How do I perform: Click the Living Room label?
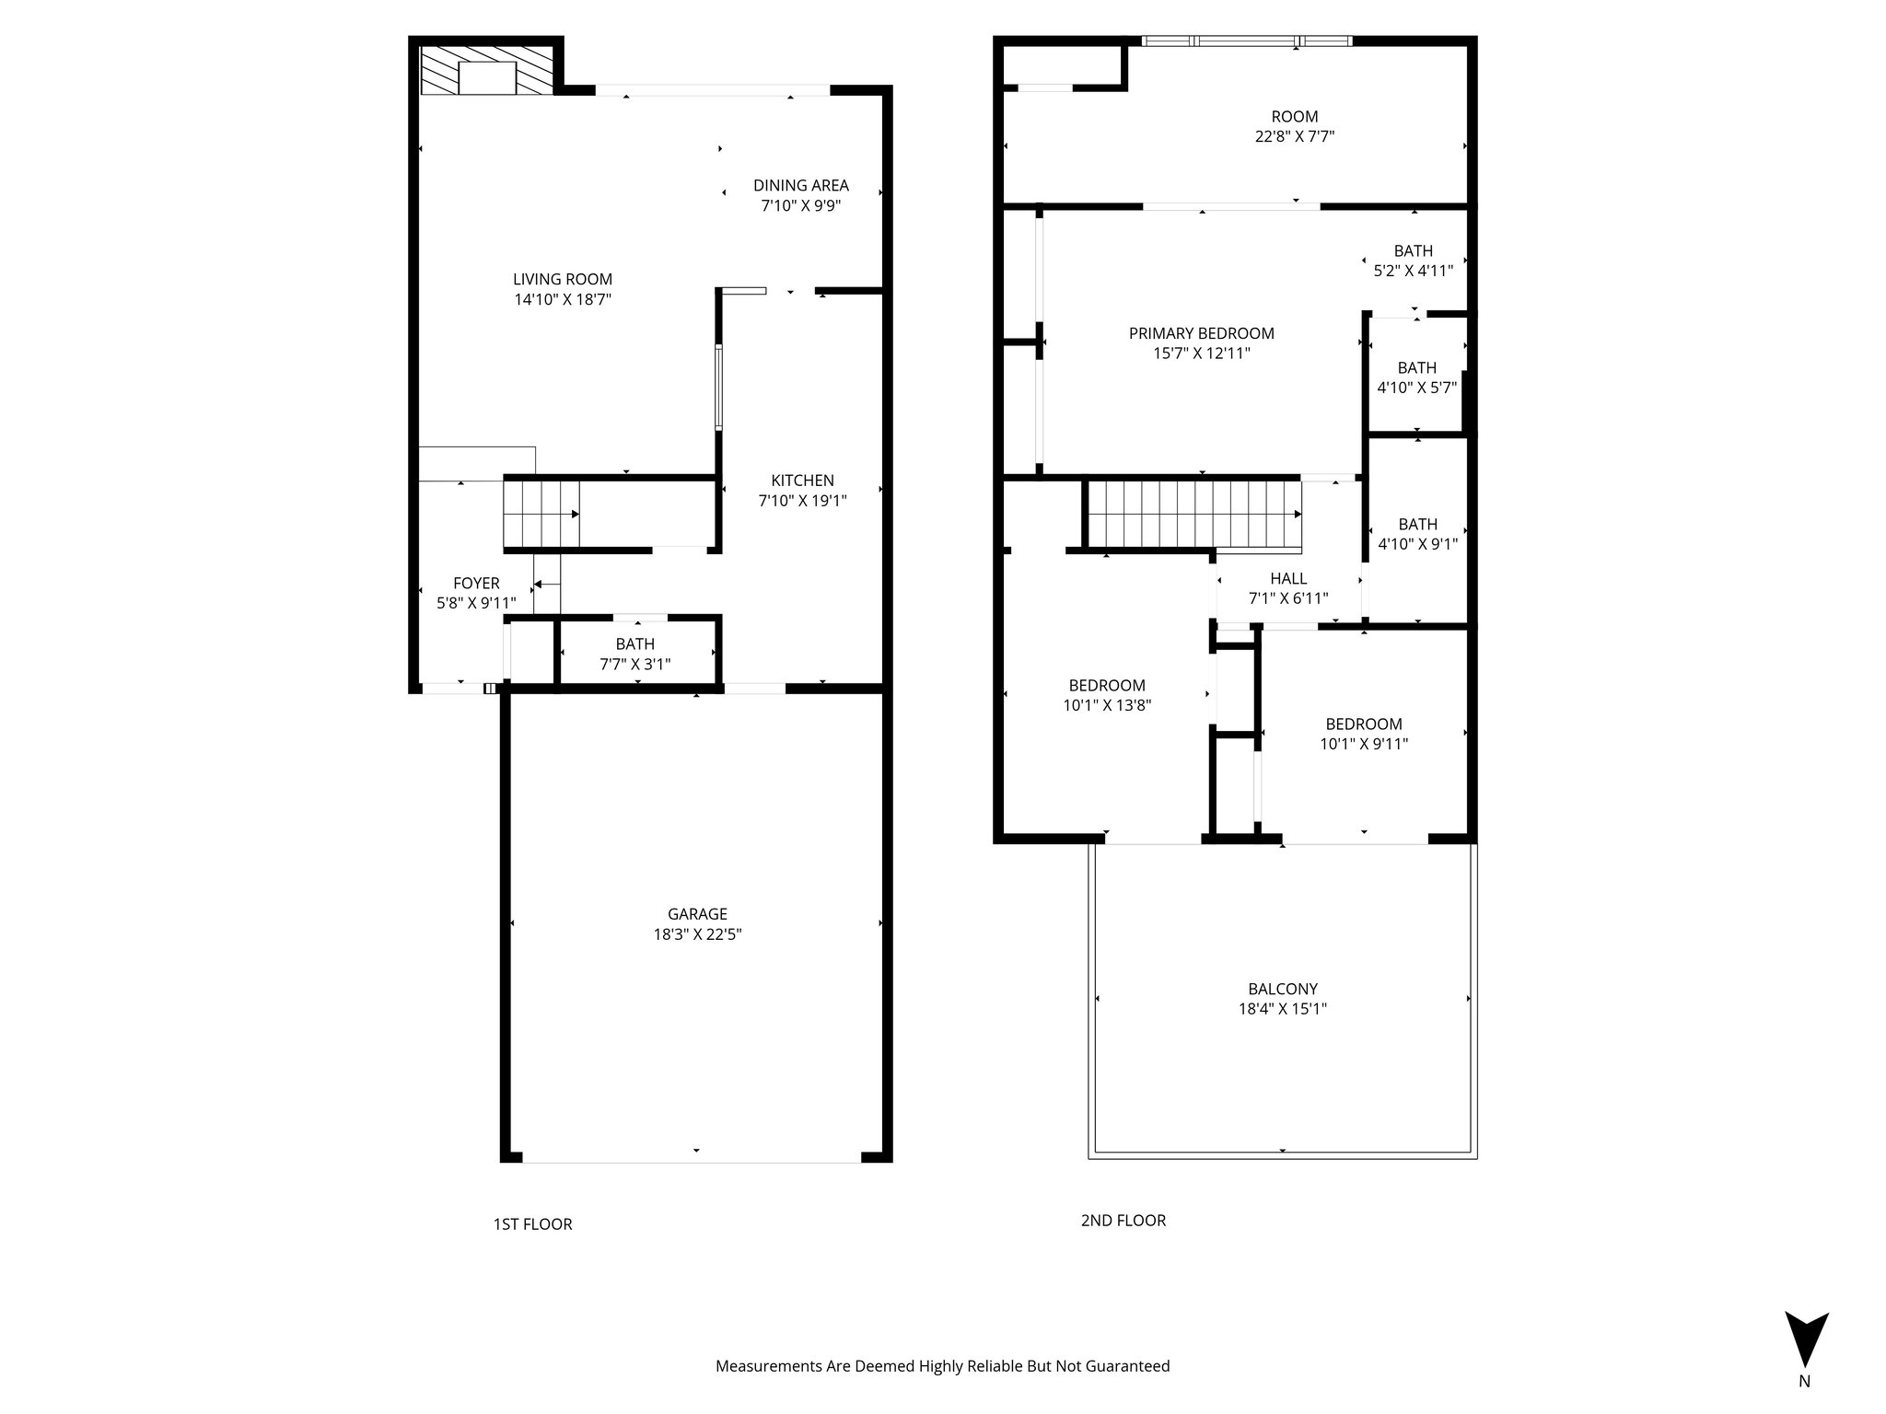[x=562, y=280]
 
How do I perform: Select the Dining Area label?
[x=800, y=186]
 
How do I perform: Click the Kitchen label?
[x=802, y=481]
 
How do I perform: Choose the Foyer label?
[x=476, y=584]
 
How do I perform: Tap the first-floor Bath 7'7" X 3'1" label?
[x=634, y=644]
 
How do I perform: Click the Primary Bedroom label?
[x=1201, y=334]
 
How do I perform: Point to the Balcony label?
[x=1282, y=989]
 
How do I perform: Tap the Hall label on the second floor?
[x=1287, y=579]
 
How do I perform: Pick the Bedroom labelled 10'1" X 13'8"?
[x=1107, y=686]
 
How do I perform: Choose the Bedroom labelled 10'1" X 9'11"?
[x=1363, y=724]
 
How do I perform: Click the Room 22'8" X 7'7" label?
[x=1294, y=117]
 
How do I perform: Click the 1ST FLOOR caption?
[x=532, y=1224]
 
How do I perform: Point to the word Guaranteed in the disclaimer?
[x=1126, y=1366]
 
